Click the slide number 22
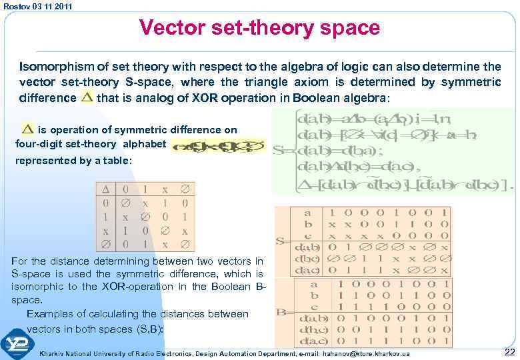pos(509,351)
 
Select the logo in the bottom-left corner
pos(18,344)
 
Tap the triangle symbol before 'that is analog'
pos(87,98)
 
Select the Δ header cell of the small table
pos(105,189)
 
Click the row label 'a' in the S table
pos(307,213)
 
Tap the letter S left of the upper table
pos(281,240)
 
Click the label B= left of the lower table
pos(283,311)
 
